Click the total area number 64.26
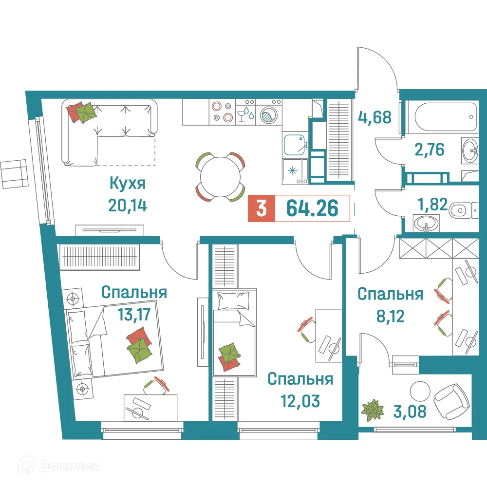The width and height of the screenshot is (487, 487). tap(312, 208)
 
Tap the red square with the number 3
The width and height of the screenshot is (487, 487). tap(262, 208)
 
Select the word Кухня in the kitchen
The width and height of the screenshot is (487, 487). tap(128, 185)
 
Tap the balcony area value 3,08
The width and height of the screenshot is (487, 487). tap(411, 412)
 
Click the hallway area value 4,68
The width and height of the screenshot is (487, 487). tap(375, 117)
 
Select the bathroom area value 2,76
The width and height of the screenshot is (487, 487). tap(429, 149)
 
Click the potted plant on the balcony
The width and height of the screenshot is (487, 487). tap(373, 410)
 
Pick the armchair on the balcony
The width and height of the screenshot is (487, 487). tap(451, 400)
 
